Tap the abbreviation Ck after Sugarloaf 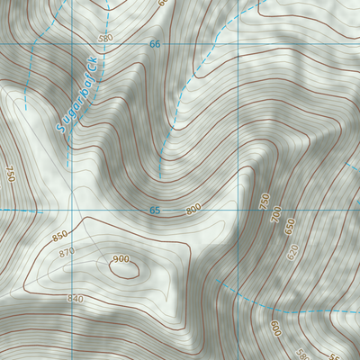[92, 68]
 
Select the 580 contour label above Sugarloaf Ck [105, 38]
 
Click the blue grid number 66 [155, 44]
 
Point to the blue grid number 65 [155, 211]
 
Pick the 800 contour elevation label [193, 210]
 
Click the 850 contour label [60, 236]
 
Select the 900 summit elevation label [121, 259]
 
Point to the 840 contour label [76, 298]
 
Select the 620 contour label [291, 252]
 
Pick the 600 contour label [275, 328]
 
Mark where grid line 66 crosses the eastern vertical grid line [239, 44]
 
